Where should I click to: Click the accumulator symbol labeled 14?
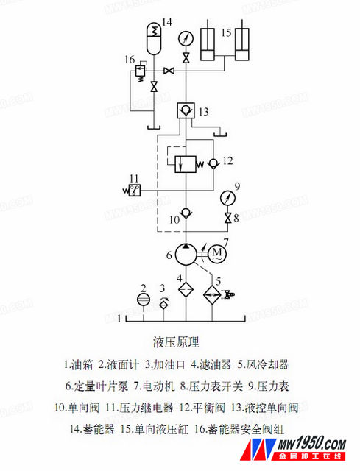pyautogui.click(x=154, y=38)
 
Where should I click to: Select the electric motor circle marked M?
pyautogui.click(x=217, y=254)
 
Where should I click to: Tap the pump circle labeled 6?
pyautogui.click(x=186, y=254)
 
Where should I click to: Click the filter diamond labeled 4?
pyautogui.click(x=186, y=289)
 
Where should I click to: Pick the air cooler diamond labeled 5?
pyautogui.click(x=212, y=295)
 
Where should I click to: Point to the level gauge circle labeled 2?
pyautogui.click(x=144, y=300)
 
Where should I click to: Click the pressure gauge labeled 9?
pyautogui.click(x=227, y=198)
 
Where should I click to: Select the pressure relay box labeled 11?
pyautogui.click(x=134, y=190)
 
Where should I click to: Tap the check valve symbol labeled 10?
pyautogui.click(x=186, y=213)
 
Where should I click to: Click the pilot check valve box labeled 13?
pyautogui.click(x=186, y=110)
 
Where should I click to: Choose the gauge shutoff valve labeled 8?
pyautogui.click(x=227, y=218)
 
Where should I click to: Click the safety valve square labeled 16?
pyautogui.click(x=140, y=71)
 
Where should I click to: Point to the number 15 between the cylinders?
pyautogui.click(x=226, y=32)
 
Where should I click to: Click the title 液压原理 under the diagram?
pyautogui.click(x=176, y=342)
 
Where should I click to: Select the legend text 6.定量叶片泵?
pyautogui.click(x=96, y=386)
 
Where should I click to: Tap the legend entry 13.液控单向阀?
pyautogui.click(x=265, y=408)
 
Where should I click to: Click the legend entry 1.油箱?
pyautogui.click(x=78, y=364)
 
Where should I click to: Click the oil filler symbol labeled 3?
pyautogui.click(x=163, y=304)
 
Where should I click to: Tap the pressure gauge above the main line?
pyautogui.click(x=186, y=39)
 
